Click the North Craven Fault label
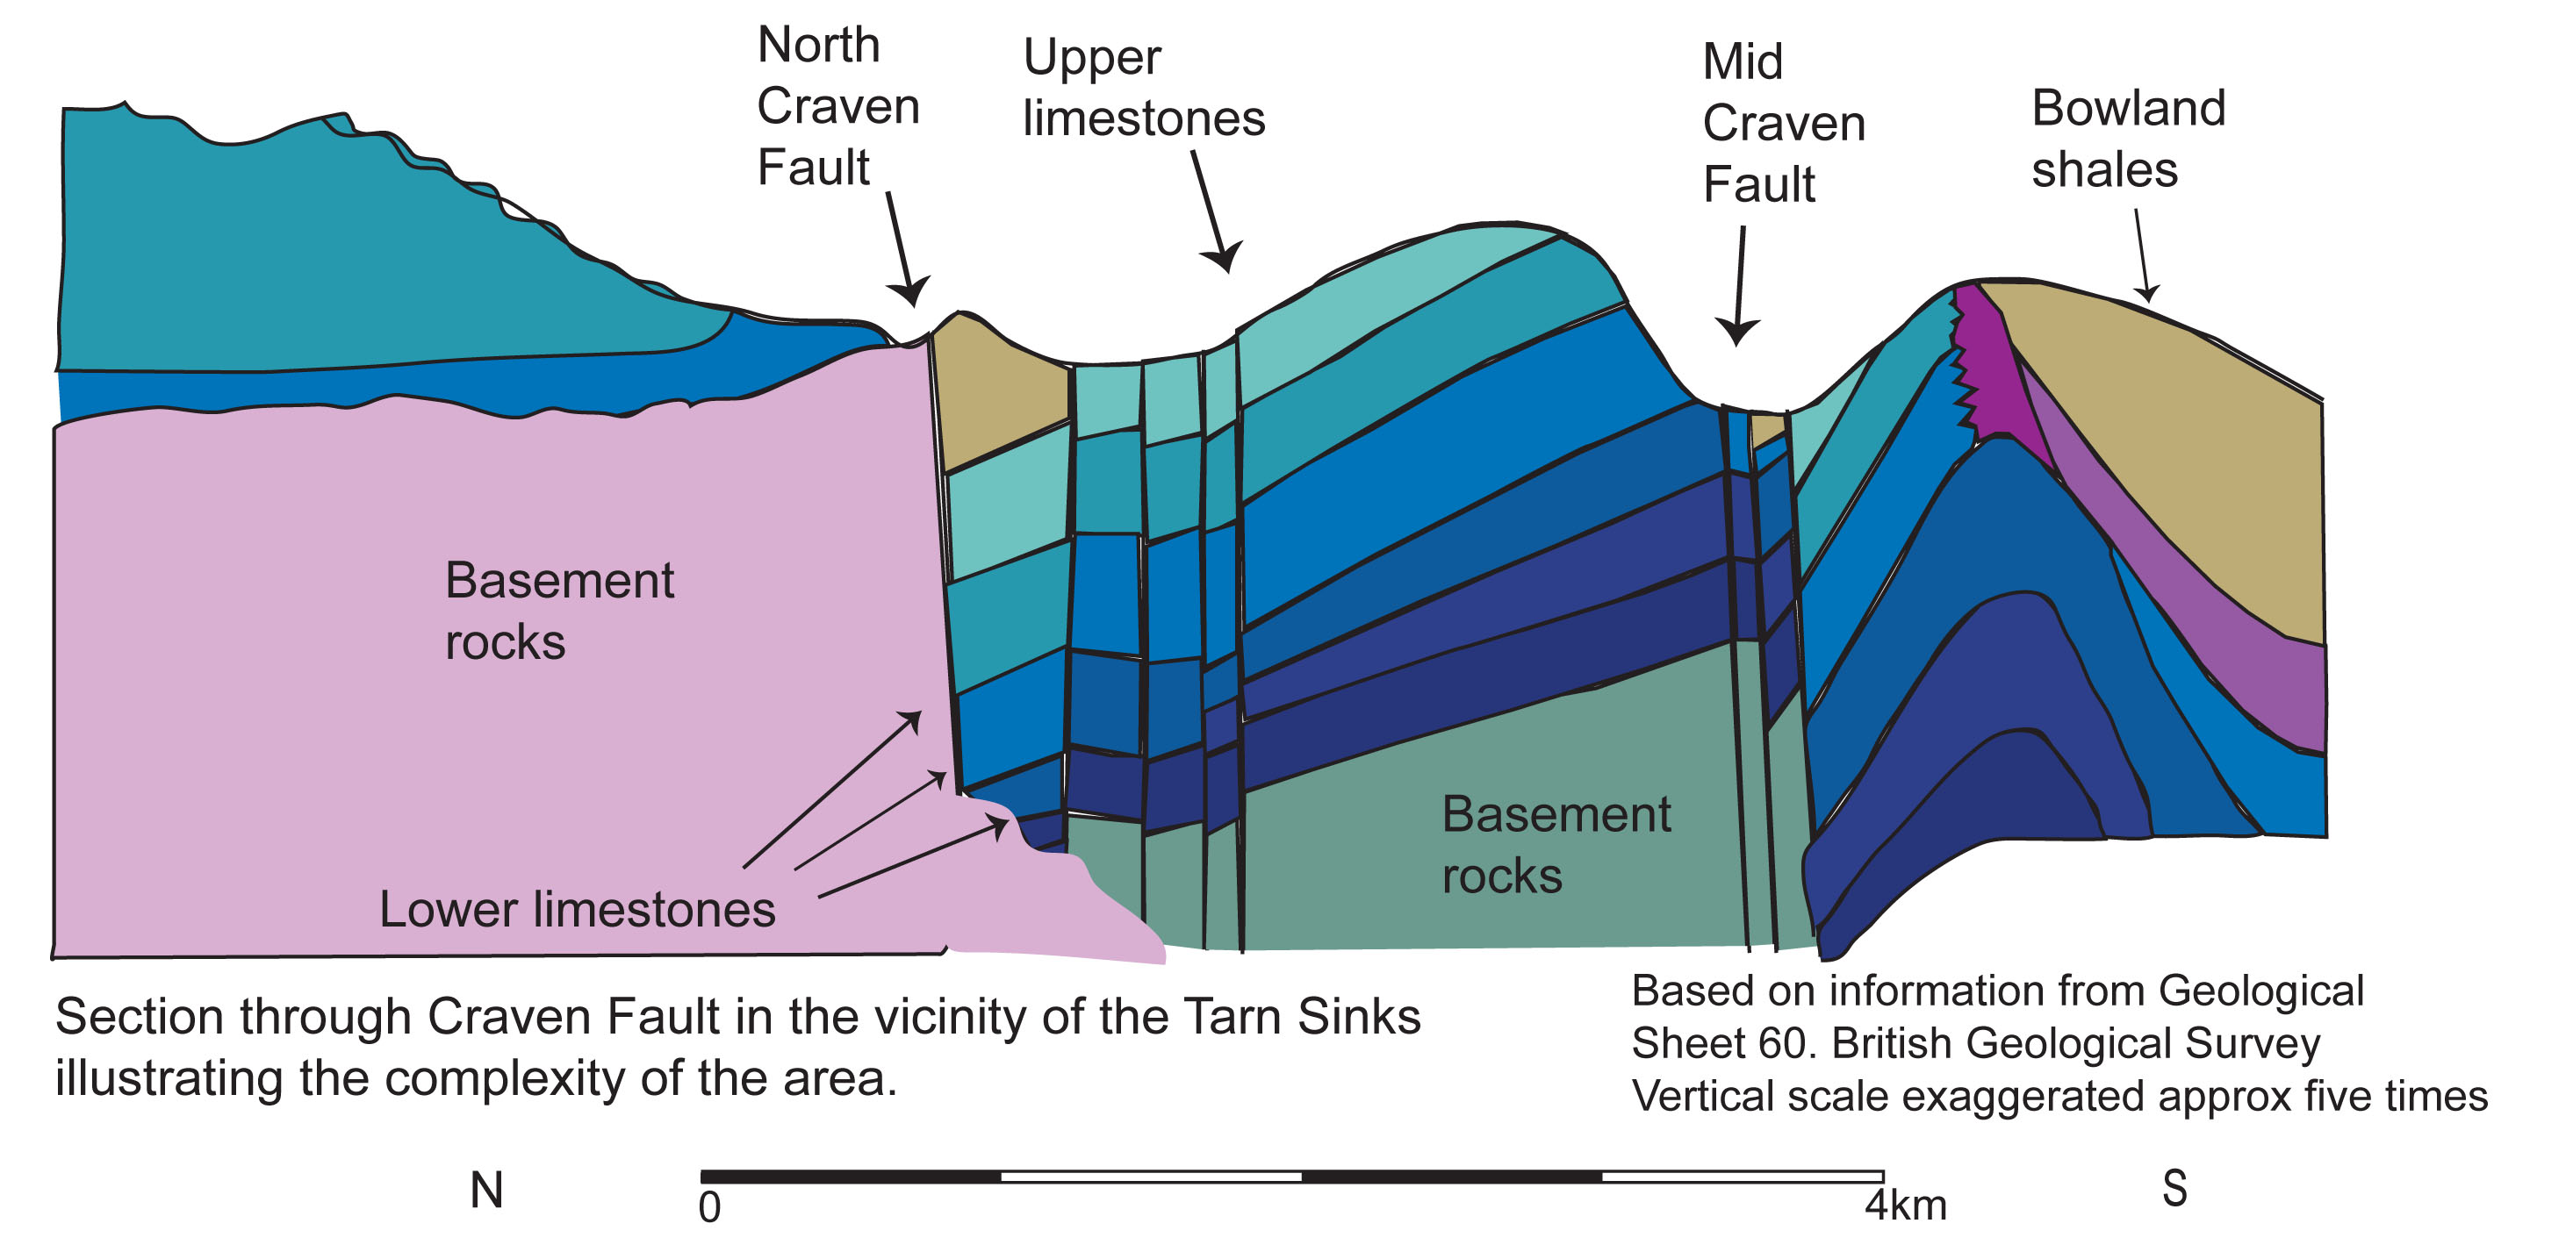(837, 106)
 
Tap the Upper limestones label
(1143, 88)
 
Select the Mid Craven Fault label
(1783, 123)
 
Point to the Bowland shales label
(2128, 138)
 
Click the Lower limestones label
(577, 910)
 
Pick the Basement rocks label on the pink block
(558, 610)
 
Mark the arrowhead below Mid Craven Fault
(1737, 332)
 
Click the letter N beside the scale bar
(486, 1190)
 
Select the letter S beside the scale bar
(2174, 1189)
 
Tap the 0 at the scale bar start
(709, 1208)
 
